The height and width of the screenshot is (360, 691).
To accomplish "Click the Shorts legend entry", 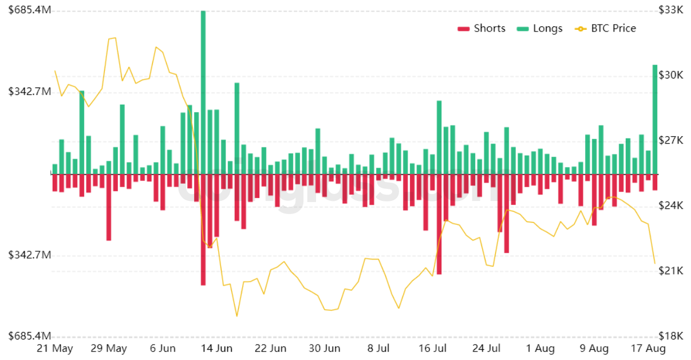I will [x=481, y=29].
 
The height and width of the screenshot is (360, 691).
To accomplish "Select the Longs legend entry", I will [x=540, y=29].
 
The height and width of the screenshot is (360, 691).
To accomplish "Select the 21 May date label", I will [x=54, y=349].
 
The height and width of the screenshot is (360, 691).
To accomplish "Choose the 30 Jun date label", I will [x=325, y=349].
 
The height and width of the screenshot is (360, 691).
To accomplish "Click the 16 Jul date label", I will [x=432, y=349].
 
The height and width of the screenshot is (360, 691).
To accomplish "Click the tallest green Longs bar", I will [x=203, y=92].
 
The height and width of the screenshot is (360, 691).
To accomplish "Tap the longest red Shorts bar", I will [x=203, y=229].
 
